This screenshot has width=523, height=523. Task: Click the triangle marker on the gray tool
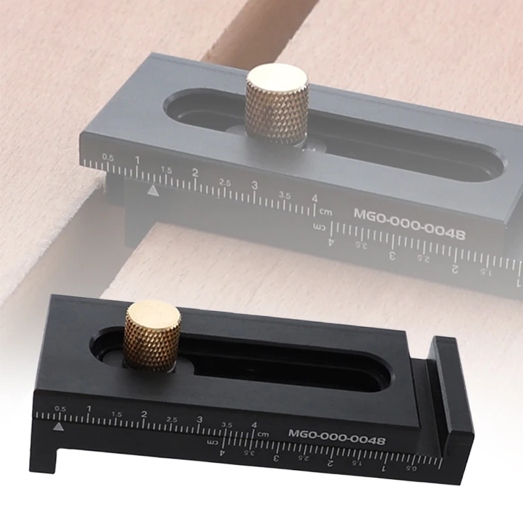(x=152, y=191)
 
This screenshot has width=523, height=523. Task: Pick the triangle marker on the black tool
(x=58, y=426)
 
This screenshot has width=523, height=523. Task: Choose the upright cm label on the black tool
(x=263, y=433)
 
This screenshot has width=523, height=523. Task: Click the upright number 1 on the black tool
(x=89, y=409)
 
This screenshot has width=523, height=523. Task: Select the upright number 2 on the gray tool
(x=195, y=173)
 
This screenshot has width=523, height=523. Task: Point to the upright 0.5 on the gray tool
(x=108, y=158)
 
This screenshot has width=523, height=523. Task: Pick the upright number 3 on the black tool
(x=200, y=420)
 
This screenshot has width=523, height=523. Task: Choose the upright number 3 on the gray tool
(x=254, y=186)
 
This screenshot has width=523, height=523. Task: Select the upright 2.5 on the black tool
(x=172, y=418)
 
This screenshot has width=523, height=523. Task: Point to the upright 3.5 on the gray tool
(x=284, y=195)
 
